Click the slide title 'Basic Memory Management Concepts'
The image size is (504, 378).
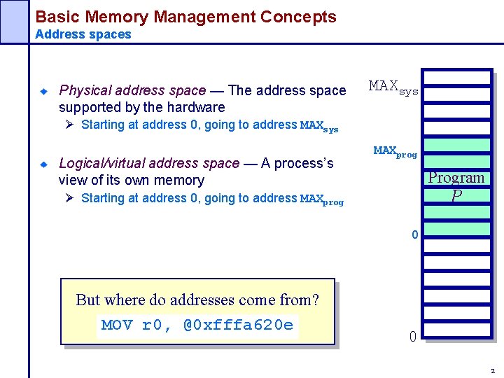pyautogui.click(x=185, y=17)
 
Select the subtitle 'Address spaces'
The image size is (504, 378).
pyautogui.click(x=83, y=34)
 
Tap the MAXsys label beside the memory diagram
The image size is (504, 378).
pyautogui.click(x=393, y=87)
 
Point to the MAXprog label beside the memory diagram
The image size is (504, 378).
pyautogui.click(x=395, y=151)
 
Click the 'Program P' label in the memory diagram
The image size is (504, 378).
pyautogui.click(x=456, y=186)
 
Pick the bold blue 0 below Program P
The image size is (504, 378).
pyautogui.click(x=415, y=235)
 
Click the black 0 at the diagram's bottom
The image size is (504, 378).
pyautogui.click(x=413, y=337)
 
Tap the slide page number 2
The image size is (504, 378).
pyautogui.click(x=493, y=370)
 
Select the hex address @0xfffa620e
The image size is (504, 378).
pyautogui.click(x=238, y=325)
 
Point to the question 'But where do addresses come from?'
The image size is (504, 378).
pyautogui.click(x=197, y=300)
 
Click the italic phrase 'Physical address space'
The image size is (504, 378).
pyautogui.click(x=132, y=90)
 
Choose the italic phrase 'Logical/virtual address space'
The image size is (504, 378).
pyautogui.click(x=149, y=163)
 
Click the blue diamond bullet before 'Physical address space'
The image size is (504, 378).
pyautogui.click(x=43, y=91)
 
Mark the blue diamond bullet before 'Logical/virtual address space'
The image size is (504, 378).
pyautogui.click(x=43, y=164)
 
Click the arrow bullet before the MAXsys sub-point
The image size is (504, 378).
pyautogui.click(x=69, y=125)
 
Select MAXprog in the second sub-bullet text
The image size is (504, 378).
pyautogui.click(x=321, y=199)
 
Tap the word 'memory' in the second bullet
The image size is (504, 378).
pyautogui.click(x=180, y=180)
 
